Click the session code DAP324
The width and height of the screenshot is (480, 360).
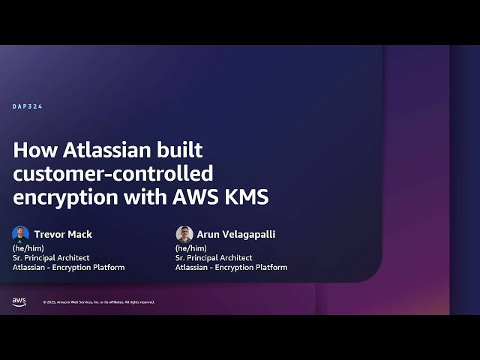coord(28,106)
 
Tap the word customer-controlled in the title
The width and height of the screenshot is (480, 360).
coord(113,173)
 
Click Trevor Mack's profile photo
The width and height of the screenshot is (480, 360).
coord(20,234)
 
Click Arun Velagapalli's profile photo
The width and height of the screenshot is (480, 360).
coord(184,234)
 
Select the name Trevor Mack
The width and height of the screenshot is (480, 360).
coord(63,234)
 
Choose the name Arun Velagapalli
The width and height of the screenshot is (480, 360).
coord(235,234)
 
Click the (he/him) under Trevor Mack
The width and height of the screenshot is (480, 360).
coord(25,247)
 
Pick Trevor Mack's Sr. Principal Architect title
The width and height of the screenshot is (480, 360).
coord(51,257)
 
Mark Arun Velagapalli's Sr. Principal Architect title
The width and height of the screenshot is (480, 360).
coord(214,257)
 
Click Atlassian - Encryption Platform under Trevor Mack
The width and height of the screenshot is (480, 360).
coord(68,267)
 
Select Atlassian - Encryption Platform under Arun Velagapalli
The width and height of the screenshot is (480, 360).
coord(231,267)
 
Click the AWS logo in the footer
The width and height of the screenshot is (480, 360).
coord(19,301)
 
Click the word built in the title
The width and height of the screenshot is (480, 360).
coord(182,149)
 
